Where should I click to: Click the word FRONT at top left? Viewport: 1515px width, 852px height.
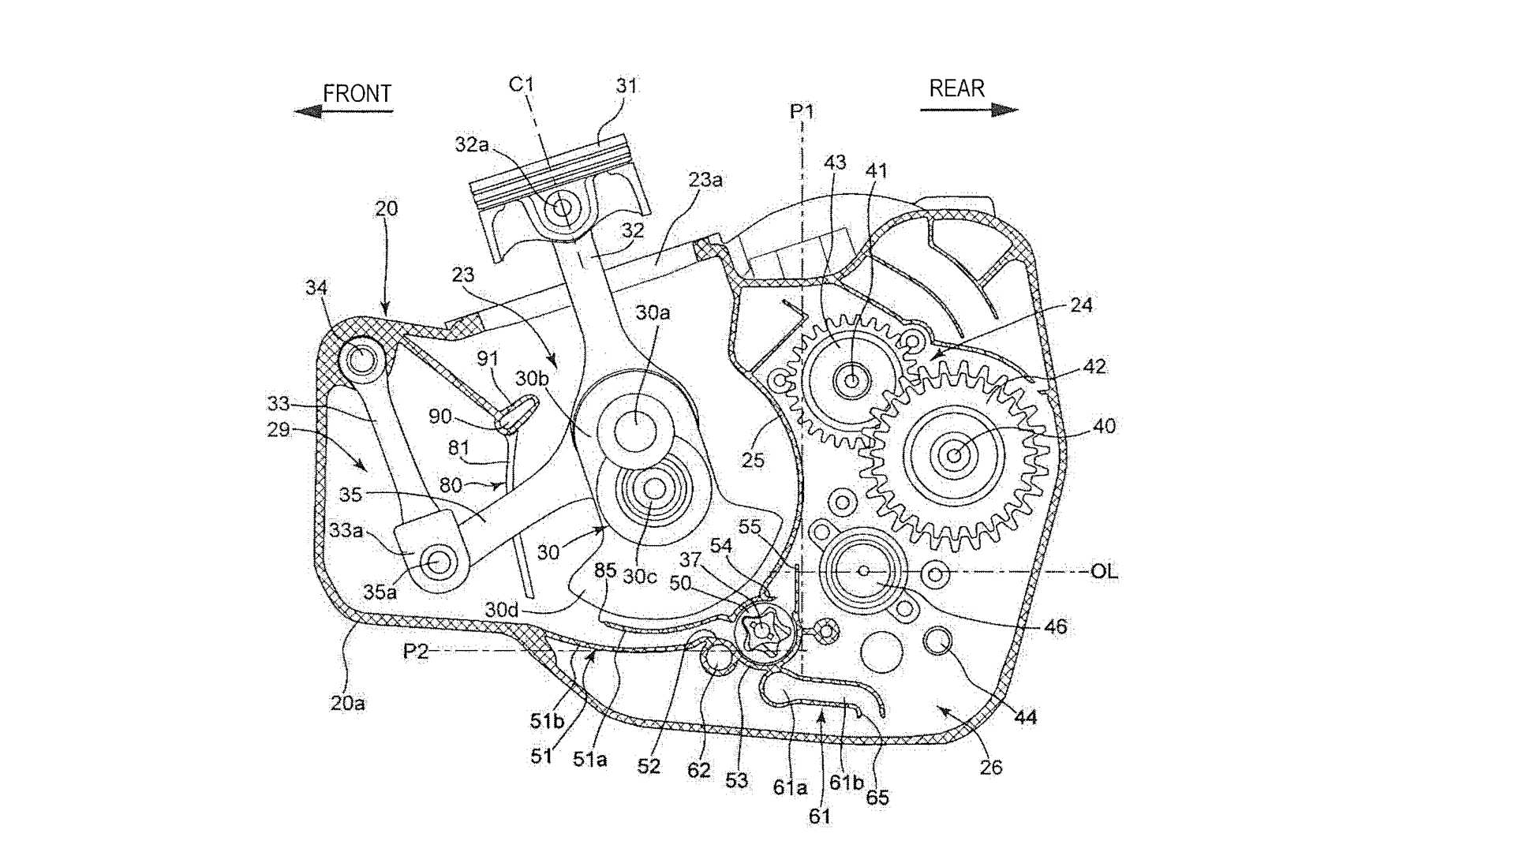pos(357,94)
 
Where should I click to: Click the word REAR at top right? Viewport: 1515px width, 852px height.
pos(956,88)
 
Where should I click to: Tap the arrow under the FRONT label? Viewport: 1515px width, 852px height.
pos(343,111)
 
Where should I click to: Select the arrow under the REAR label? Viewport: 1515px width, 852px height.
pos(970,110)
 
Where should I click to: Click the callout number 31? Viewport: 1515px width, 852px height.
pos(627,86)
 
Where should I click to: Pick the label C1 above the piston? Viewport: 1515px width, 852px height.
pos(522,84)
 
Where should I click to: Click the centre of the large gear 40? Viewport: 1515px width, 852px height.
pos(955,454)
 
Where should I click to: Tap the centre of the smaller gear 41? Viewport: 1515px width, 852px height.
pos(852,380)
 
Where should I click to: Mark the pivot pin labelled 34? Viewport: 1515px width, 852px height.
pos(361,360)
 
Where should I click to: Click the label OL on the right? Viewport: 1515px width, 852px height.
pos(1104,571)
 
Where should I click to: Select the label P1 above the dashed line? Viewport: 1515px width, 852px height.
pos(802,112)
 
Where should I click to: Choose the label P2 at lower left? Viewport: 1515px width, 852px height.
pos(416,652)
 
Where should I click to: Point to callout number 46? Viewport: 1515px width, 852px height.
pos(1055,627)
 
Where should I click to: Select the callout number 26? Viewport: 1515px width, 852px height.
pos(991,767)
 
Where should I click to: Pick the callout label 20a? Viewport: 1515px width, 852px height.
pos(347,702)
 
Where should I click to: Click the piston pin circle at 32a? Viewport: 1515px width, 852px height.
pos(563,208)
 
